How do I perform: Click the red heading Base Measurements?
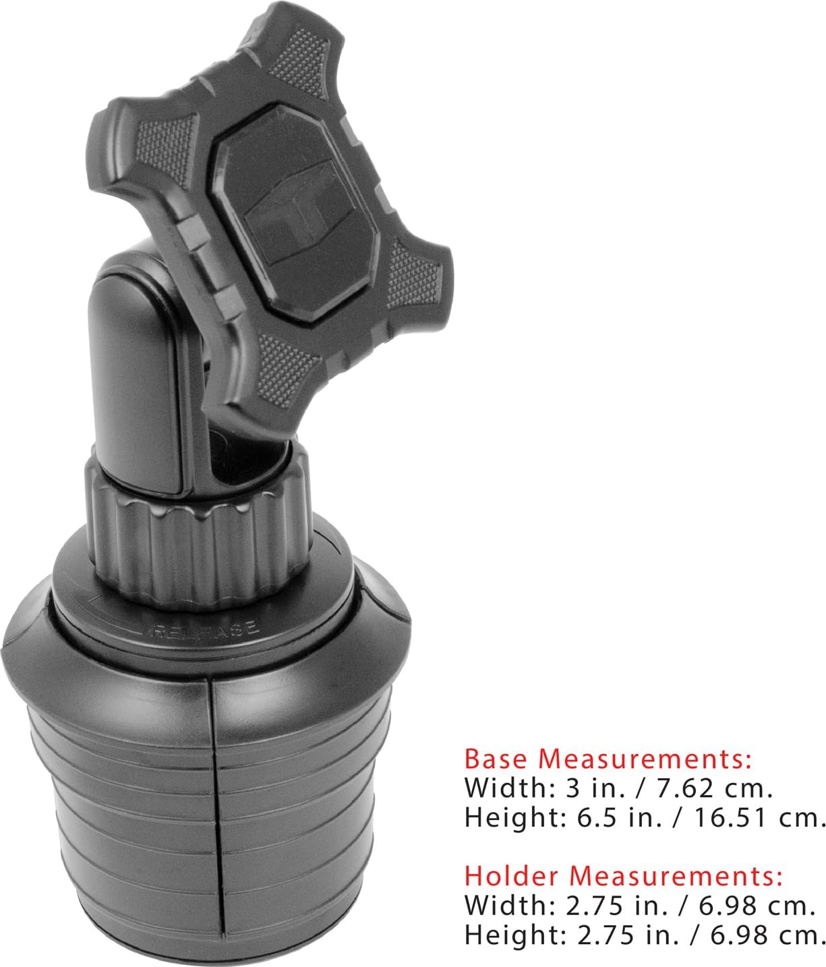[608, 759]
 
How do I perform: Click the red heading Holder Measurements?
[624, 876]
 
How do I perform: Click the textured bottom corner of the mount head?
[283, 378]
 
